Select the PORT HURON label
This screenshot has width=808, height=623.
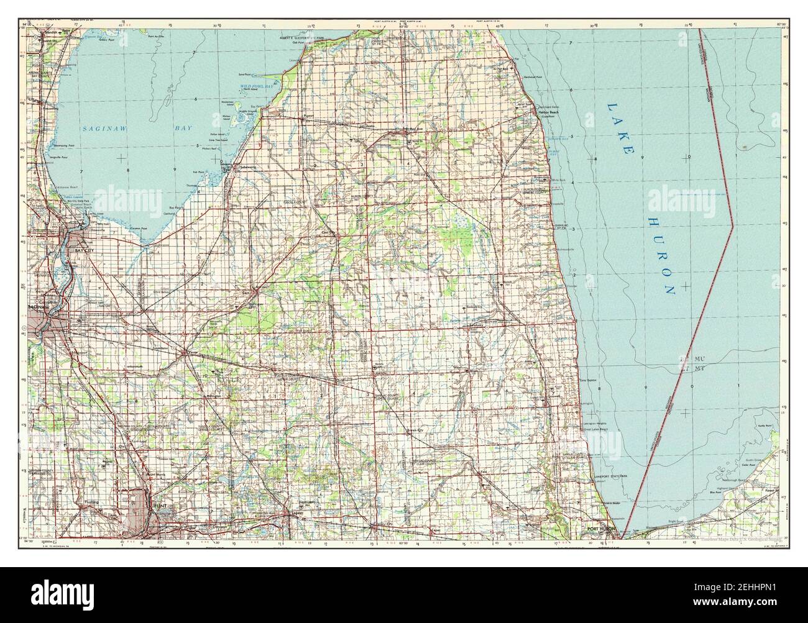click(600, 529)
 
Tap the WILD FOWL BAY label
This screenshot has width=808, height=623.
click(257, 86)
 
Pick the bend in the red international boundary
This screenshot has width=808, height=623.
click(733, 225)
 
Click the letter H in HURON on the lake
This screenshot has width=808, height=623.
click(653, 222)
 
